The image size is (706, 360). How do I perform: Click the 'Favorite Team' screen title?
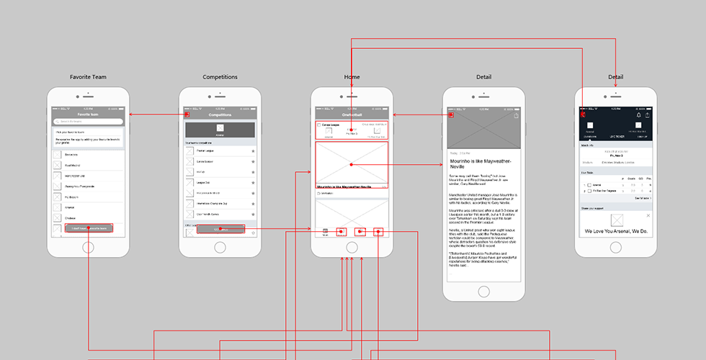pyautogui.click(x=89, y=77)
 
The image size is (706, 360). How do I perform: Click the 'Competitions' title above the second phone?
pyautogui.click(x=220, y=77)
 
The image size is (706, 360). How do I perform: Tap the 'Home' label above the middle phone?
pyautogui.click(x=352, y=77)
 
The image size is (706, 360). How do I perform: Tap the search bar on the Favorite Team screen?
pyautogui.click(x=89, y=121)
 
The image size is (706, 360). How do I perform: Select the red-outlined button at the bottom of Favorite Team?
pyautogui.click(x=89, y=228)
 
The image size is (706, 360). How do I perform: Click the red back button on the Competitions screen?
pyautogui.click(x=187, y=114)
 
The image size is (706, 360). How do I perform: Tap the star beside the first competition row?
pyautogui.click(x=253, y=151)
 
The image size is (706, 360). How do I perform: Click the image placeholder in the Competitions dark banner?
pyautogui.click(x=220, y=128)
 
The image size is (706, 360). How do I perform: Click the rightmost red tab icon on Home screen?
pyautogui.click(x=378, y=231)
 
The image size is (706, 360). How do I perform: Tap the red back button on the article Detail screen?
pyautogui.click(x=451, y=114)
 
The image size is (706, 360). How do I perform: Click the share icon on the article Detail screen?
pyautogui.click(x=517, y=115)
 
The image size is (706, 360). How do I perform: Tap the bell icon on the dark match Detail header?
pyautogui.click(x=638, y=115)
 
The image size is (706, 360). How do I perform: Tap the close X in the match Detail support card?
pyautogui.click(x=648, y=215)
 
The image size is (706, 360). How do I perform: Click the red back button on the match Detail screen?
pyautogui.click(x=582, y=114)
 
